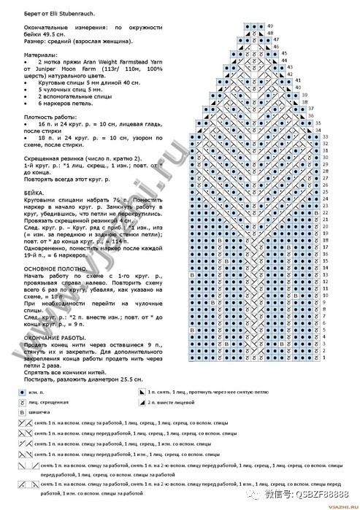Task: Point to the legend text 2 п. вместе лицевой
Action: pos(175,402)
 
